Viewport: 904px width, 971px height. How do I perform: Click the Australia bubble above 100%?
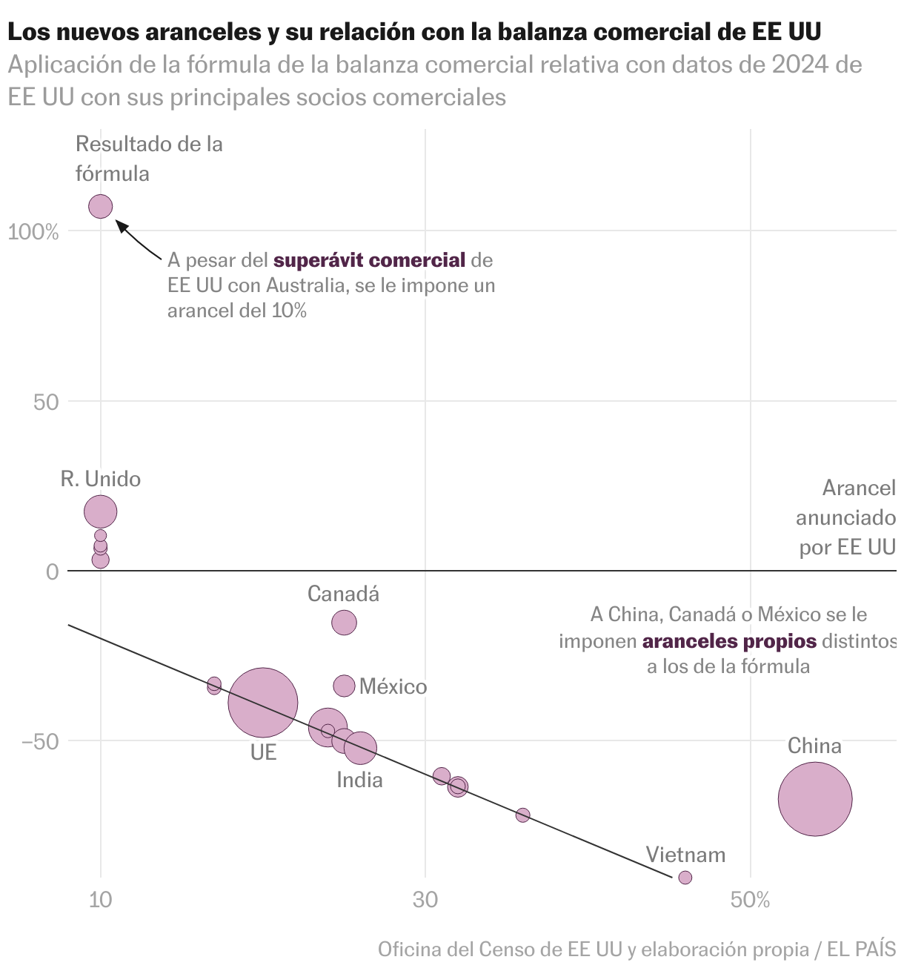101,207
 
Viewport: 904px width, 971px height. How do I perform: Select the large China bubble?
815,799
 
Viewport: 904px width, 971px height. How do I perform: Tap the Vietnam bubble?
685,878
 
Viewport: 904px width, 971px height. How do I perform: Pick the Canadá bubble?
344,623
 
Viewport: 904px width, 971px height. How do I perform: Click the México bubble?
345,686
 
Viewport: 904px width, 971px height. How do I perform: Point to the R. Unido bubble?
101,511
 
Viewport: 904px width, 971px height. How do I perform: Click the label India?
359,780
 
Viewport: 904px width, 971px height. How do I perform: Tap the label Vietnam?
685,855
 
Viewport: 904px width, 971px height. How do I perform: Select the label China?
814,746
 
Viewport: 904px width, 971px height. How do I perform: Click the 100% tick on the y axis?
33,233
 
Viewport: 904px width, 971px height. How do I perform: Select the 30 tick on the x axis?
425,901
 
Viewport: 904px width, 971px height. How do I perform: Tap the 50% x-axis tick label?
750,901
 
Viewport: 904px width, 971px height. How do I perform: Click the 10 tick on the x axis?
101,901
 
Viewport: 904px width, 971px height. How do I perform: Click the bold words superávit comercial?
370,260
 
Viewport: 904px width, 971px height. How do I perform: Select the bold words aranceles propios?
729,641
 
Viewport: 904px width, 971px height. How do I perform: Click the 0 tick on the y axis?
52,571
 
